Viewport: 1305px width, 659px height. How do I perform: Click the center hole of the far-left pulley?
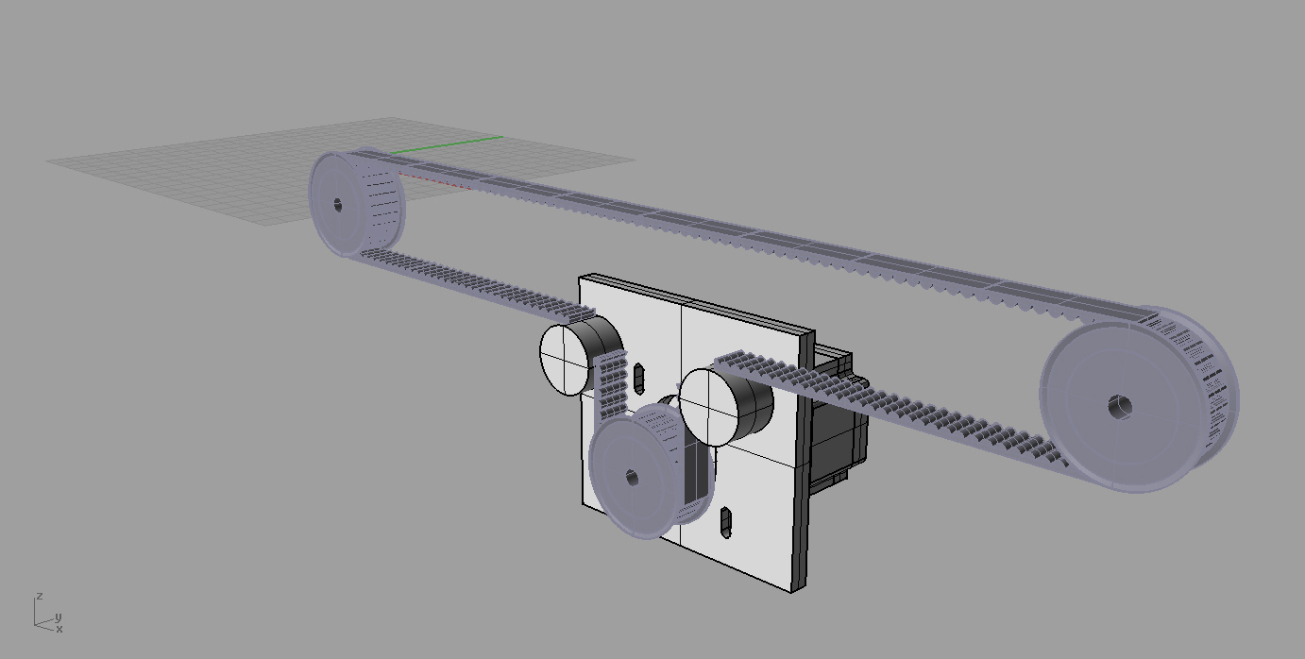(338, 205)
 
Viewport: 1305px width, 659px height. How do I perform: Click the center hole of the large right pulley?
(1119, 406)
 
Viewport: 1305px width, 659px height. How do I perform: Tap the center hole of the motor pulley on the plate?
(632, 479)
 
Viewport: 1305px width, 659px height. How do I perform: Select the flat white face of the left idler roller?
(565, 360)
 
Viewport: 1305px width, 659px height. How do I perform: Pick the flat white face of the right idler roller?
(708, 407)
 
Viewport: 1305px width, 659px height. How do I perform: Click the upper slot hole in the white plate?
(639, 378)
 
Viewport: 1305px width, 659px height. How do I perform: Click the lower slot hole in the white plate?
(726, 521)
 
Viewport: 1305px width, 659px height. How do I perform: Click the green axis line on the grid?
(447, 145)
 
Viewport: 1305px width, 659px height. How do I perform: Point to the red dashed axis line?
(435, 180)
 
